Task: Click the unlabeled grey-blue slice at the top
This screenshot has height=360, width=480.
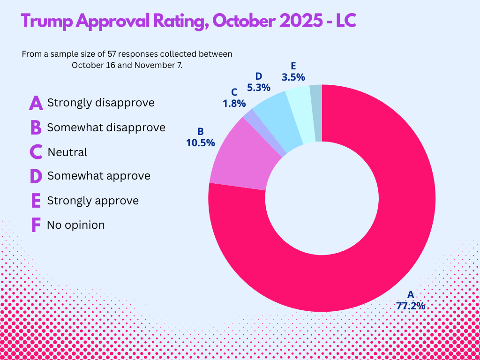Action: [x=316, y=112]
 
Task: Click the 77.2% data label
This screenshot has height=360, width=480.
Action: [x=410, y=306]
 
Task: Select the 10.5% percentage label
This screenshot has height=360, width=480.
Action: [x=200, y=143]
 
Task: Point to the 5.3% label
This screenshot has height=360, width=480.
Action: [x=258, y=87]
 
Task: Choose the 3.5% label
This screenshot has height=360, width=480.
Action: [x=293, y=76]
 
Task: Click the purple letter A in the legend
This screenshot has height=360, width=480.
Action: [x=36, y=103]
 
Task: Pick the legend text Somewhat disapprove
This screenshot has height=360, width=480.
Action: [x=106, y=127]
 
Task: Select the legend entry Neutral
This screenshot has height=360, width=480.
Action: [x=67, y=152]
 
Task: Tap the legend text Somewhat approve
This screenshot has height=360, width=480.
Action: [x=98, y=176]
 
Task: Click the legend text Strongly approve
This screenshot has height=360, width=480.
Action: [x=93, y=201]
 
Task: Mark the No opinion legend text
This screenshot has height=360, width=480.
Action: [x=75, y=225]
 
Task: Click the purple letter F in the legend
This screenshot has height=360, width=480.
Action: [x=36, y=225]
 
